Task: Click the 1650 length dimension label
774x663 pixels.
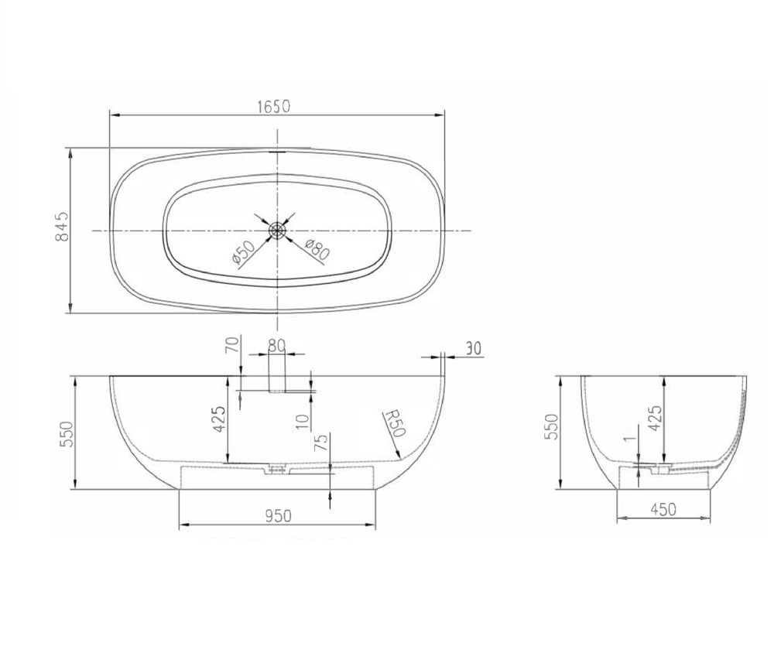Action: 274,106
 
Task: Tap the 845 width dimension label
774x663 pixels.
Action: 63,227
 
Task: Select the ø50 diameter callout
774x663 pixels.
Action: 243,252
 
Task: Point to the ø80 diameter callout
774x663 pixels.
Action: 317,250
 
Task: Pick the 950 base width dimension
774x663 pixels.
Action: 279,516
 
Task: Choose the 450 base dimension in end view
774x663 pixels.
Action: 663,509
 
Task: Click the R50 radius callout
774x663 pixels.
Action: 395,422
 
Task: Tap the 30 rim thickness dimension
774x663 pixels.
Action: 472,349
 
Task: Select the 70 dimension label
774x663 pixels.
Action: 232,343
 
